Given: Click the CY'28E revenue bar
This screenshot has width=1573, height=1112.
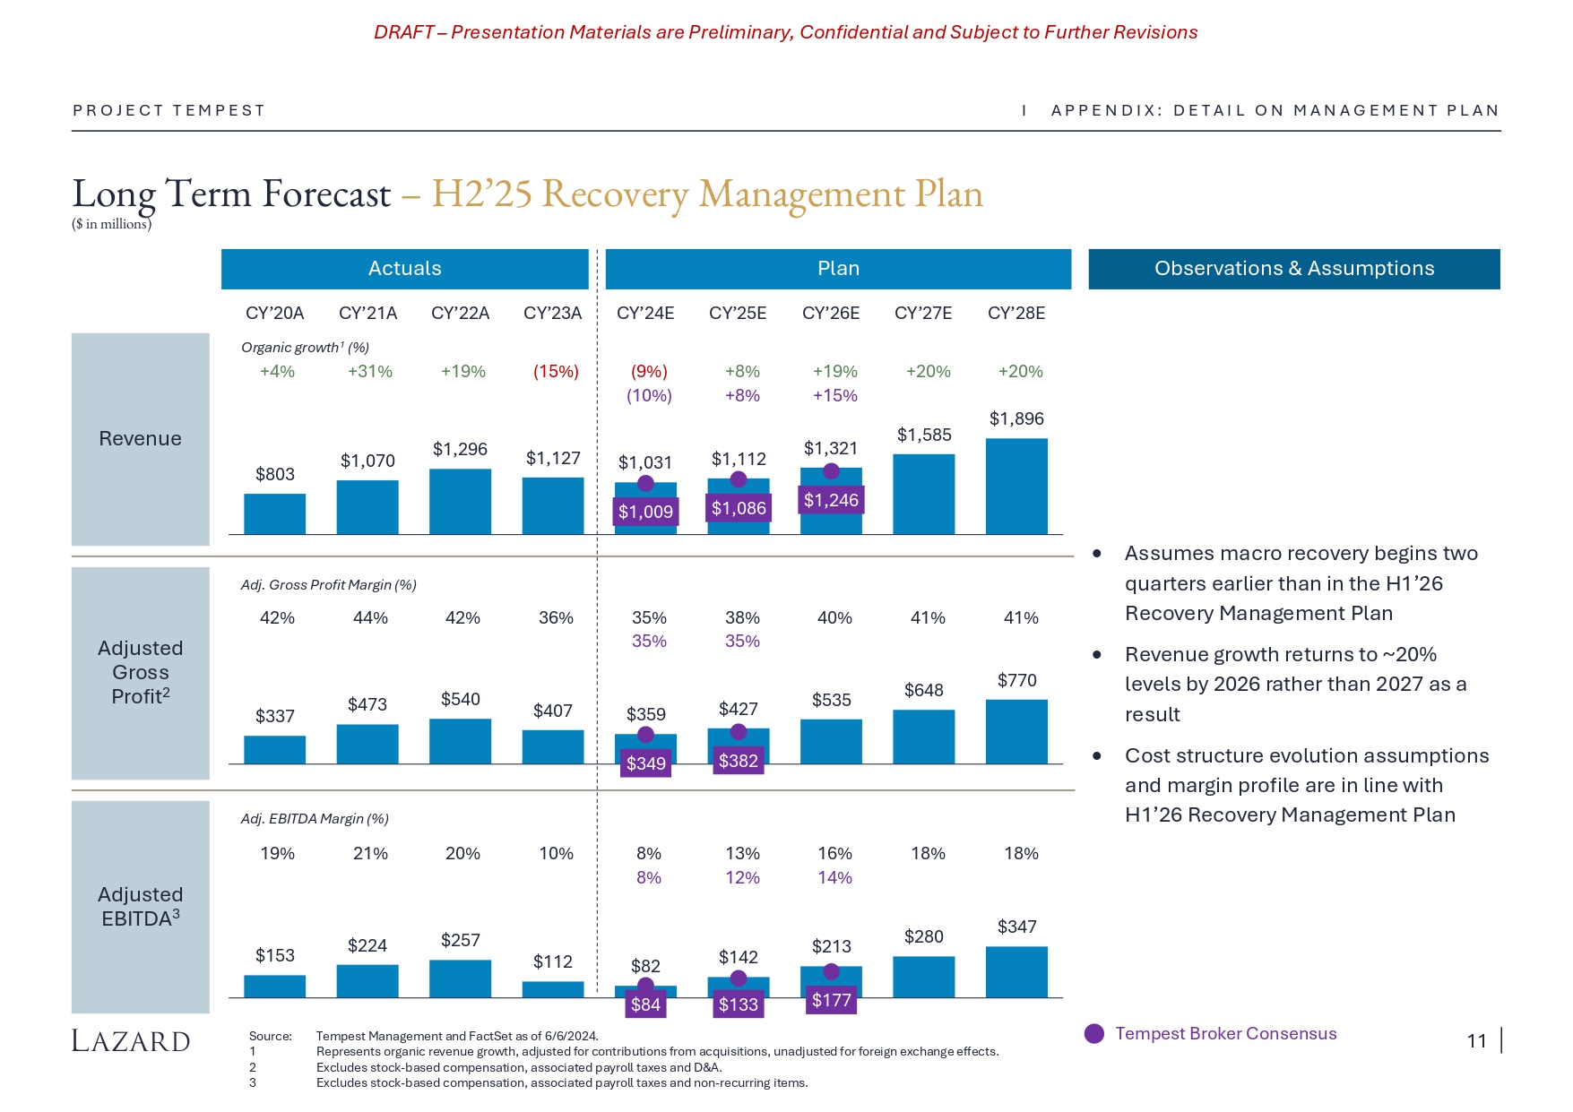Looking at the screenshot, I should pos(1016,486).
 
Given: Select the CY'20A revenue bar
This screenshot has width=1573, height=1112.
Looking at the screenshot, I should pos(274,513).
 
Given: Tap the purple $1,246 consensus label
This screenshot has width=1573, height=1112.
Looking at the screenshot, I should pos(831,500).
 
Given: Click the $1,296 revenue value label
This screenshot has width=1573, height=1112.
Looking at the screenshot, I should pos(460,449).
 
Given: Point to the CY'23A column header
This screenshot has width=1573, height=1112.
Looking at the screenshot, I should pos(553,313).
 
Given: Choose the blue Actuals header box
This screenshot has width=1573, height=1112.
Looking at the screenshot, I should pos(404,269).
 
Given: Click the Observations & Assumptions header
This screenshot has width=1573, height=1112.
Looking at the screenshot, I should pos(1293,269).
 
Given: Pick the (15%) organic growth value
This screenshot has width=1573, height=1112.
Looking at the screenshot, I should pos(556,371).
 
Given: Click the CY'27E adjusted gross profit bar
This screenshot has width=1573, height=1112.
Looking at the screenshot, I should pos(923,737).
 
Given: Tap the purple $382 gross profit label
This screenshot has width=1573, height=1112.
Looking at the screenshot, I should pos(739,761).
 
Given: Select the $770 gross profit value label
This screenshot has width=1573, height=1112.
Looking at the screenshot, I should pos(1016,680).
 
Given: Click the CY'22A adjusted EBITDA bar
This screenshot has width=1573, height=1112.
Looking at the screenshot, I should pos(460,978).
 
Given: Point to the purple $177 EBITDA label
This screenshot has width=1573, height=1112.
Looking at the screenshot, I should pos(831,1000).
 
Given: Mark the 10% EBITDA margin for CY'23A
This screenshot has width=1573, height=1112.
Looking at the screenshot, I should pos(556,853).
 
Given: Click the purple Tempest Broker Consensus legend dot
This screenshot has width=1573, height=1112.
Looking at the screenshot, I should pos(1094,1034).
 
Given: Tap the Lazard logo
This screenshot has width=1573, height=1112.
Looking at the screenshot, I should pos(131,1041).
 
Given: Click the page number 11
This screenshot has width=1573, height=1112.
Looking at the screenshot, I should pos(1476,1041).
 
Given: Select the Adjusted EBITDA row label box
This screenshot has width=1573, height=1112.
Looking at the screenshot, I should pos(140,907).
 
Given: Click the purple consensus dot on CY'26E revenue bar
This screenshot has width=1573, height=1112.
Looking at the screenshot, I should pos(831,471).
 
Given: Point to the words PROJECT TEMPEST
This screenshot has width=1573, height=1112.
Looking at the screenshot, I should pos(169,110).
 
